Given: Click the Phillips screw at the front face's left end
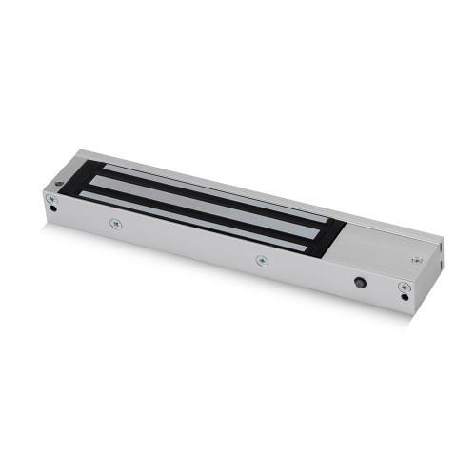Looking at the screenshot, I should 50,198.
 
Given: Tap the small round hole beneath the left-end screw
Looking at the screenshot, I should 51,209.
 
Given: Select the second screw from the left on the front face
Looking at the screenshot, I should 115,224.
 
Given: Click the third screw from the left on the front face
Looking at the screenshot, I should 262,259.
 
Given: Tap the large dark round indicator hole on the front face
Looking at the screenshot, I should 358,283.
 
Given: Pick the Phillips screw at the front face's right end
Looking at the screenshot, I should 404,288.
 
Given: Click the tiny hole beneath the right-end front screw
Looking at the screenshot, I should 405,299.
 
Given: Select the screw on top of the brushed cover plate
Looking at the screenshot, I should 415,258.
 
